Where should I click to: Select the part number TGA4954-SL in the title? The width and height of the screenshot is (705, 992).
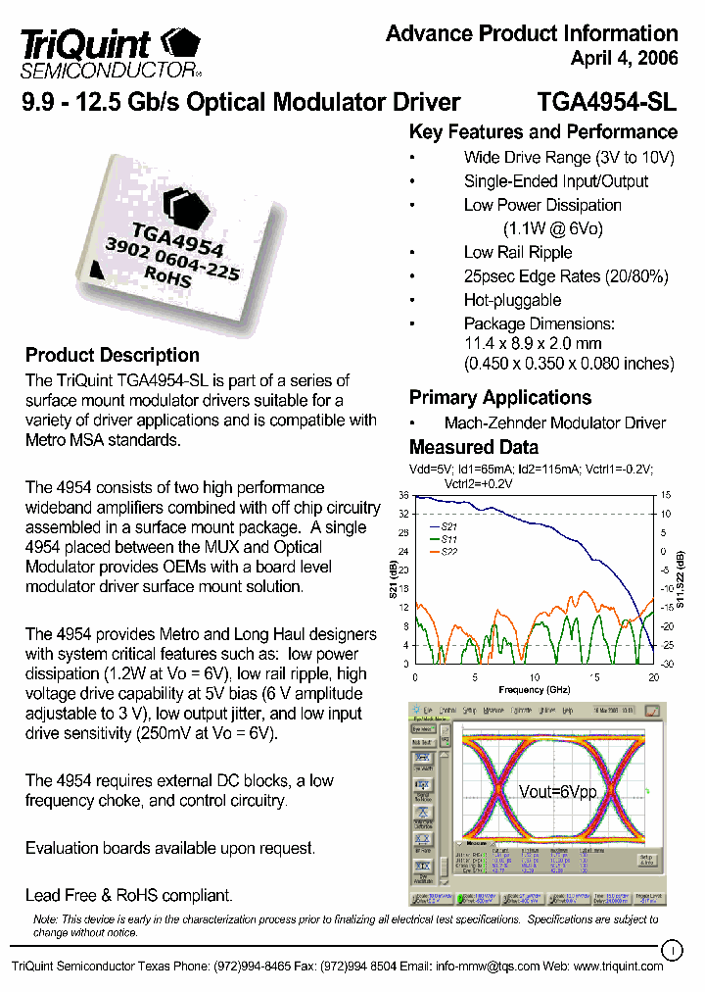coord(607,102)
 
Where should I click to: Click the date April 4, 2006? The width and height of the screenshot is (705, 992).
coord(624,59)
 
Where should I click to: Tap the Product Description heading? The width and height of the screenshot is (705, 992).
coord(112,355)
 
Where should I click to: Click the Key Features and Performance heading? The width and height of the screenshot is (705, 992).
coord(542,132)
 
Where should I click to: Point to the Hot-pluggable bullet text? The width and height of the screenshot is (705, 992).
coord(512,300)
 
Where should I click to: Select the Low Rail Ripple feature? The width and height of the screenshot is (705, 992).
coord(518,252)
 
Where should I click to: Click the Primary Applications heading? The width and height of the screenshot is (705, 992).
coord(499,397)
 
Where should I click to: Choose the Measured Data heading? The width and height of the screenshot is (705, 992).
coord(473,447)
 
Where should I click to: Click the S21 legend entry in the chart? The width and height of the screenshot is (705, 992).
coord(448,527)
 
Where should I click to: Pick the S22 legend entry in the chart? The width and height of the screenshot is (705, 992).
coord(448,553)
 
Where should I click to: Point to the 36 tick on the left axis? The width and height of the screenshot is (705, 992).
coord(402,496)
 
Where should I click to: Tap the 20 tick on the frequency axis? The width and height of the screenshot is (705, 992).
coord(653,678)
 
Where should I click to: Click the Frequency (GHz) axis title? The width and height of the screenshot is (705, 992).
coord(534,689)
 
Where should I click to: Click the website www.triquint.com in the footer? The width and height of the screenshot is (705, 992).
coord(618,966)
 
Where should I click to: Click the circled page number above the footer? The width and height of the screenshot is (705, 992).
coord(672,949)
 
